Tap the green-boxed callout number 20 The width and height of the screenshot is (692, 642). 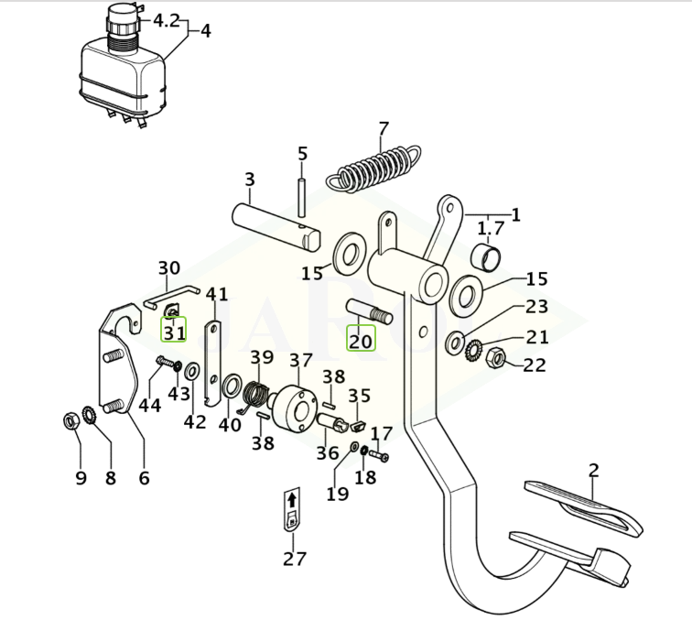point(361,341)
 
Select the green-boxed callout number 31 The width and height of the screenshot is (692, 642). point(174,332)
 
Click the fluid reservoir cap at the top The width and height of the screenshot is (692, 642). point(120,20)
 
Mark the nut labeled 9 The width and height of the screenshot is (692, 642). point(71,421)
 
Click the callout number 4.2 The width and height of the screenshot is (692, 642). point(166,19)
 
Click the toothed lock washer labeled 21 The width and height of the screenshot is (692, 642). point(475,349)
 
